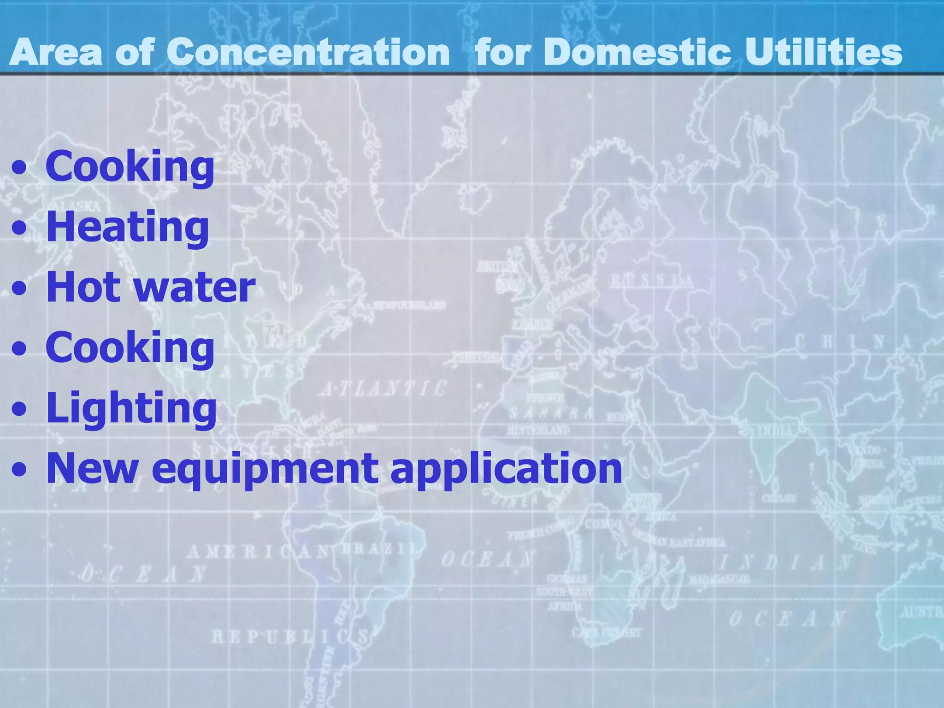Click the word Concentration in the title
click(x=308, y=52)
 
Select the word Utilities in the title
click(x=823, y=52)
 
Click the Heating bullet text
click(x=128, y=227)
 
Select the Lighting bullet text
click(x=131, y=408)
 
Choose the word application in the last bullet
click(x=506, y=469)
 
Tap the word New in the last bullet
click(x=92, y=468)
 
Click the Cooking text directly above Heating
click(x=130, y=166)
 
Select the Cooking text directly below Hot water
click(x=130, y=348)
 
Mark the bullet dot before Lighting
click(x=19, y=409)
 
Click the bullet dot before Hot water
click(x=19, y=289)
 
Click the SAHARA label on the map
click(x=551, y=413)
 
